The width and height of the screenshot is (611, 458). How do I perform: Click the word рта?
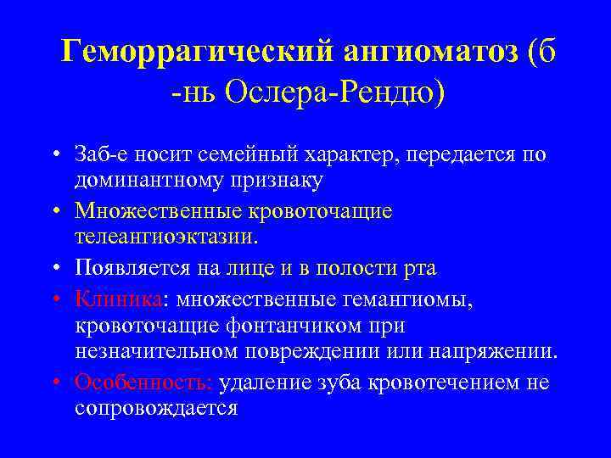point(419,269)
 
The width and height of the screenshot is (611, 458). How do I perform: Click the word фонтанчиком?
point(282,326)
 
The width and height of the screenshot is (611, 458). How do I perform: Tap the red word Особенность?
point(143,383)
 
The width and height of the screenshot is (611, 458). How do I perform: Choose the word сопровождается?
point(155,408)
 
